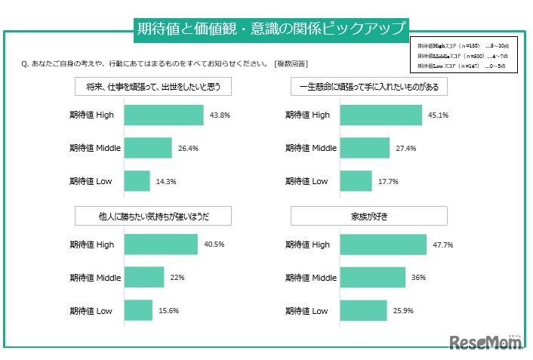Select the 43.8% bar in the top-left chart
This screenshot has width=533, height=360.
164,115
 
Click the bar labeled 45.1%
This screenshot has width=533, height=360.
381,115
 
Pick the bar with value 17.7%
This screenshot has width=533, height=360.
356,181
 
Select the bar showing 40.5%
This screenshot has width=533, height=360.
161,245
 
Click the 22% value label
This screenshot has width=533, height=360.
177,278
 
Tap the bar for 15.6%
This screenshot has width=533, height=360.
138,310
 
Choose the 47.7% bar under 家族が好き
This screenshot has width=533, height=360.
384,245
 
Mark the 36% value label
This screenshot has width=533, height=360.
418,278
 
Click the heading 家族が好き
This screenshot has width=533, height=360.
369,217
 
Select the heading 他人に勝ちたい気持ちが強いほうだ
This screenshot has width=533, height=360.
153,217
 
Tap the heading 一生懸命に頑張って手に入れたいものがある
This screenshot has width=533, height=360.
369,87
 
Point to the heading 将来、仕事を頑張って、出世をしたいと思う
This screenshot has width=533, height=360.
153,87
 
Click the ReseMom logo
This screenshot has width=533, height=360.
487,343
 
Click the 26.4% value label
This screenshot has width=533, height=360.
188,149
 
